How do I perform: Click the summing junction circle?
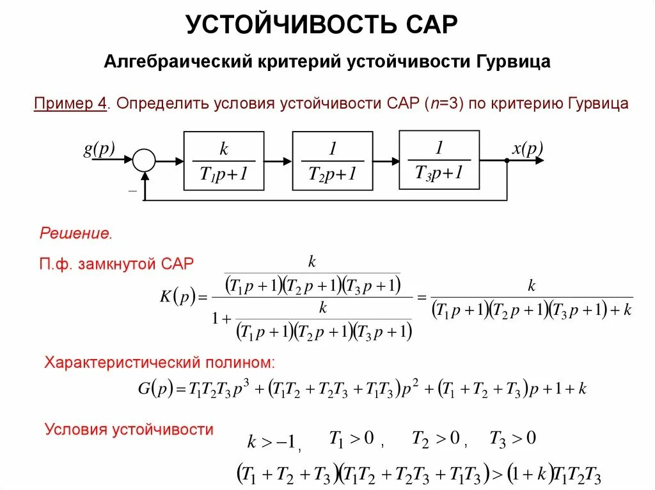click(x=144, y=160)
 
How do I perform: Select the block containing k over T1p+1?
click(x=223, y=160)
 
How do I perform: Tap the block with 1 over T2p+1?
click(x=332, y=160)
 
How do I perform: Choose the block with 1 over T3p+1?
click(x=439, y=160)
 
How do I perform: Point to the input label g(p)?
click(x=99, y=149)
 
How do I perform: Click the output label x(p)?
click(x=527, y=149)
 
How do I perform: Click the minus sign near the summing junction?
click(x=132, y=190)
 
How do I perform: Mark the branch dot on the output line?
click(x=507, y=160)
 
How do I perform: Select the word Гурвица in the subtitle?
click(x=512, y=63)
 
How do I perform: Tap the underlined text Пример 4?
click(x=70, y=103)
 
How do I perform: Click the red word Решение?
click(x=76, y=233)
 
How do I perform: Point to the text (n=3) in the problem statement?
click(x=436, y=103)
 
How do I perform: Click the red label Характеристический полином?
click(x=160, y=363)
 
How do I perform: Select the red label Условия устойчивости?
click(x=129, y=429)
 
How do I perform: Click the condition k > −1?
click(x=272, y=441)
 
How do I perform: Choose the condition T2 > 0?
click(x=436, y=438)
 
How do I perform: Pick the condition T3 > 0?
click(x=512, y=438)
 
